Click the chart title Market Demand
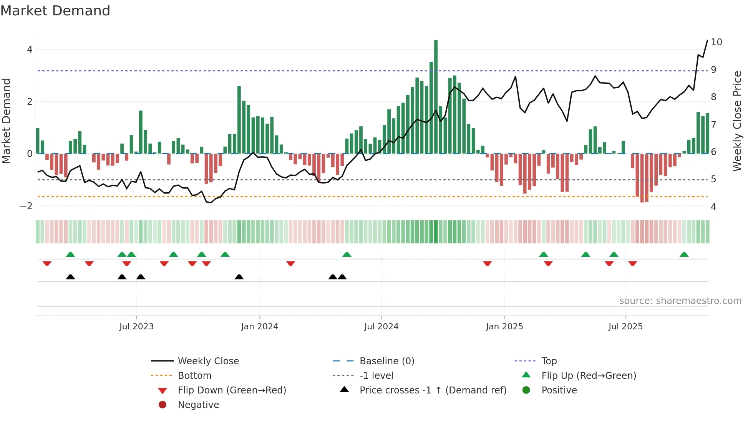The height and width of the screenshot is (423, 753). click(x=55, y=11)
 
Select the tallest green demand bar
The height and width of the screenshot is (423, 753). click(x=436, y=96)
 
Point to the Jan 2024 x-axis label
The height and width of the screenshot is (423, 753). click(x=259, y=327)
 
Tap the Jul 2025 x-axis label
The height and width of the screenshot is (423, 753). click(x=625, y=327)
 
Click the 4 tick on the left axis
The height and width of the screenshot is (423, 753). click(x=30, y=50)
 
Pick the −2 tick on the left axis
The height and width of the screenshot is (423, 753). click(x=27, y=206)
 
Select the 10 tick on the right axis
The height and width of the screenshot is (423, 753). click(x=717, y=42)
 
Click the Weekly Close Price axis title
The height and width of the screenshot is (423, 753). click(x=737, y=121)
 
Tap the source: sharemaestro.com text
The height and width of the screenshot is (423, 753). click(x=680, y=301)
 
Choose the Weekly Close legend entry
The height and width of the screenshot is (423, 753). click(x=208, y=361)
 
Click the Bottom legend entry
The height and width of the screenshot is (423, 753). click(x=194, y=376)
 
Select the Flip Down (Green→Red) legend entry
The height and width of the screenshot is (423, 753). click(x=232, y=390)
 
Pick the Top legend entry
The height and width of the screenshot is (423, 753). click(x=549, y=361)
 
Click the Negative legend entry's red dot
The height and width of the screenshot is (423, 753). click(x=163, y=405)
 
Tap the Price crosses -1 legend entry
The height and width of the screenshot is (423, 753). click(x=433, y=390)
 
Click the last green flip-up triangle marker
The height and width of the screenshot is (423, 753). click(x=684, y=254)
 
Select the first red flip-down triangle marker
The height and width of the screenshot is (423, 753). click(x=47, y=263)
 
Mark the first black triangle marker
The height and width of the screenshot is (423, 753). click(x=70, y=277)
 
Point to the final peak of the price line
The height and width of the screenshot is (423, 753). click(x=707, y=40)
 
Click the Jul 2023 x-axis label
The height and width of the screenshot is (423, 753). click(x=136, y=327)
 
